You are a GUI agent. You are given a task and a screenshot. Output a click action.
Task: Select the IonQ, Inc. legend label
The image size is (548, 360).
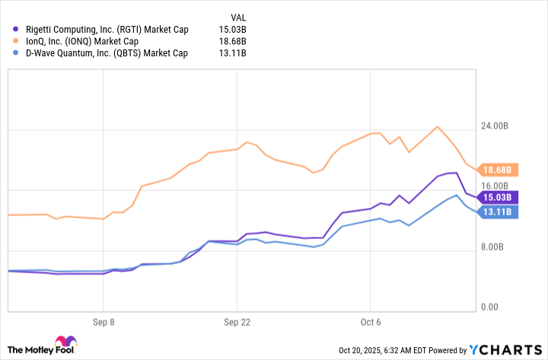pyautogui.click(x=83, y=41)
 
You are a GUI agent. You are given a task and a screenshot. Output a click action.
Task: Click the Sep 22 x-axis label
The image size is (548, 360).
pyautogui.click(x=237, y=322)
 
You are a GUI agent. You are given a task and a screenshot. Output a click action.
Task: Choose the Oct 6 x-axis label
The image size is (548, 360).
pyautogui.click(x=371, y=322)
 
